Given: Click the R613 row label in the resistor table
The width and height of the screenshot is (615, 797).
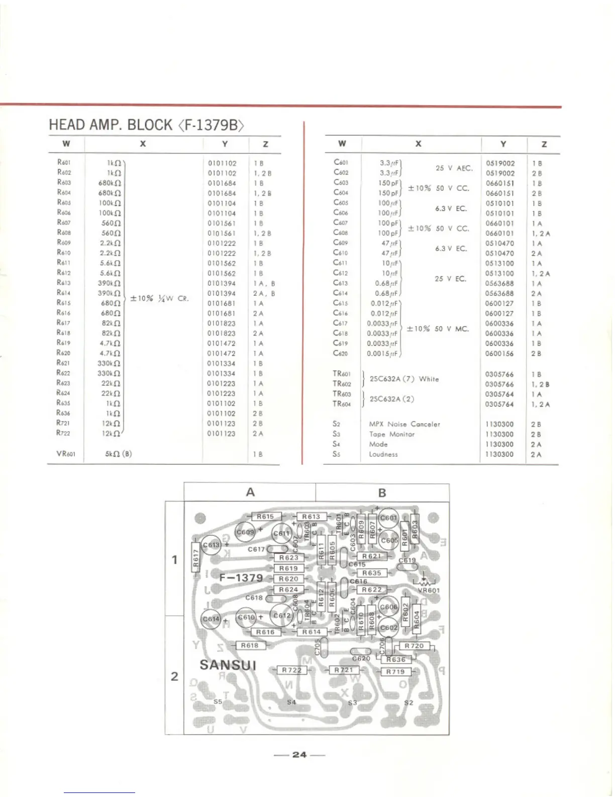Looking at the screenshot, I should [x=64, y=283].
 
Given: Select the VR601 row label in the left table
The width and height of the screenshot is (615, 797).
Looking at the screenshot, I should [x=66, y=453].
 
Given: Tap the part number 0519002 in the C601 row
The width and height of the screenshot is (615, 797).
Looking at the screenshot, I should [x=500, y=163].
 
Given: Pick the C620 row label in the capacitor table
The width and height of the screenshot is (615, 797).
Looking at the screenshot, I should [x=340, y=353].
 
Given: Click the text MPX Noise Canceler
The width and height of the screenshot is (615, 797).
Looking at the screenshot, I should [x=404, y=424].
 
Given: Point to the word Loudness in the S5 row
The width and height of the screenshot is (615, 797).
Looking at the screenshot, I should [x=383, y=454].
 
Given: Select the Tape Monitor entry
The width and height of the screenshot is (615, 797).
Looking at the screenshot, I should [x=392, y=434].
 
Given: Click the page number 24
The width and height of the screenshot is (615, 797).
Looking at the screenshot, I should [x=299, y=755].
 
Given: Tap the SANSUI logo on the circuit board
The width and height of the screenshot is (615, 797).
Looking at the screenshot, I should [x=228, y=665].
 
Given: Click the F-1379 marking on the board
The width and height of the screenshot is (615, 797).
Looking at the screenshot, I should [x=241, y=578].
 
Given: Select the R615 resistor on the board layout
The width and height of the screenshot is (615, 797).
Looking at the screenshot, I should [x=265, y=517].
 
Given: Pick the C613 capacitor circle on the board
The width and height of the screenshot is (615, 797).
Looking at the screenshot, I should [x=211, y=545].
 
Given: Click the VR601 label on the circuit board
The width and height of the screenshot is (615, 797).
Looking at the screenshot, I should [x=429, y=591].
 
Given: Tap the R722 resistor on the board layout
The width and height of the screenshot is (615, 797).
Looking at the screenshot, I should [x=291, y=670].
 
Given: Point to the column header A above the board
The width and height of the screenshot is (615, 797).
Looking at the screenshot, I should [x=250, y=492].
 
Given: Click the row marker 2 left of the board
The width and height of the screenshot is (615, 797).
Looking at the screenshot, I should [x=174, y=676].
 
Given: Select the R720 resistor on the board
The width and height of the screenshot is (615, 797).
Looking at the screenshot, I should [x=414, y=646].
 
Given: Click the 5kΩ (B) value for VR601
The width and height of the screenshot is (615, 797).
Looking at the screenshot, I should [x=119, y=453].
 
